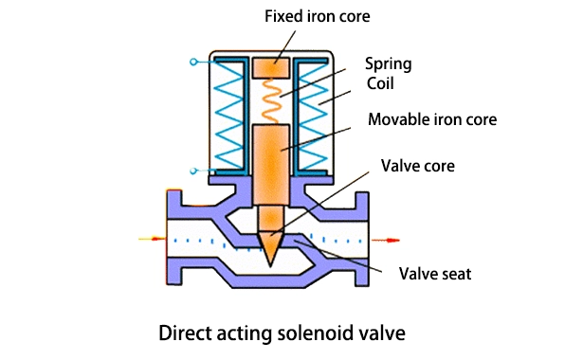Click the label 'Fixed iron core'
(x=317, y=16)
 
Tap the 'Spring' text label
(x=388, y=64)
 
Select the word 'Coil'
(x=380, y=83)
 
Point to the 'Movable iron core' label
(x=432, y=119)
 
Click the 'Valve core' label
(x=418, y=166)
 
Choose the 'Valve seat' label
(x=435, y=274)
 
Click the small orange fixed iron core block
(x=271, y=67)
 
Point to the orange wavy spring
(x=271, y=101)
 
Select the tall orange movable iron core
(x=271, y=165)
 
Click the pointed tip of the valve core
(x=270, y=265)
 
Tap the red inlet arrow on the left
(x=152, y=239)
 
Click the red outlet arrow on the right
(x=386, y=240)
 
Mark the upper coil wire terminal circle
(x=193, y=62)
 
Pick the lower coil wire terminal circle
(x=193, y=171)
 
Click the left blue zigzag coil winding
(x=228, y=115)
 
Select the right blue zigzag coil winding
(x=313, y=116)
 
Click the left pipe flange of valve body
(x=174, y=238)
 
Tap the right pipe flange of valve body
(x=362, y=239)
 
